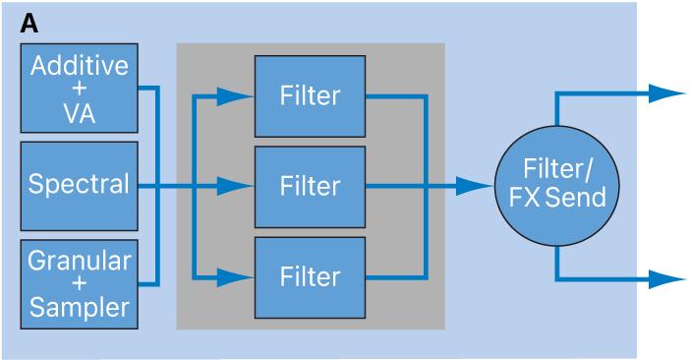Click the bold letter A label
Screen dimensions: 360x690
click(29, 25)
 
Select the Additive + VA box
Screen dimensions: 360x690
click(79, 89)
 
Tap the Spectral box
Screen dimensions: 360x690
click(79, 185)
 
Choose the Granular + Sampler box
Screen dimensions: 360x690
click(79, 284)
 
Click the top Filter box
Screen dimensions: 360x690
click(310, 95)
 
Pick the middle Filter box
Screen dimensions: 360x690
click(310, 186)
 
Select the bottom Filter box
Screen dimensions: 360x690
click(310, 276)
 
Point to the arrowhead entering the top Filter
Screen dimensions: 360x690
click(236, 95)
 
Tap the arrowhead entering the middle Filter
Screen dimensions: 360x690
click(236, 186)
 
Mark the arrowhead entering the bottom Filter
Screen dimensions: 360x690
click(236, 276)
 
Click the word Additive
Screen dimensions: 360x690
click(79, 66)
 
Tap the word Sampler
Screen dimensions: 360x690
click(79, 308)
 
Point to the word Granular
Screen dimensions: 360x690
click(79, 261)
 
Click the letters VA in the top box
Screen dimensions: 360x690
click(79, 112)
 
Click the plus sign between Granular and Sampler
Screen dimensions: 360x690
click(79, 284)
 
